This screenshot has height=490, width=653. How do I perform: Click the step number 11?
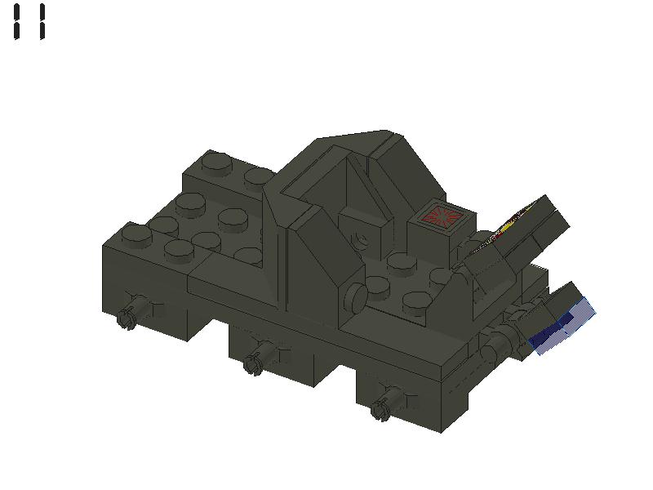coord(29,21)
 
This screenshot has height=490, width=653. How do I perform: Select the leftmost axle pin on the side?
coord(127,317)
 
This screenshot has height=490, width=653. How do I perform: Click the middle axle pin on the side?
coord(254,363)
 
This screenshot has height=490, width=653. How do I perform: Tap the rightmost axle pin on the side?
coord(380,409)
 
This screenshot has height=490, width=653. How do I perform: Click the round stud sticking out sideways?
coord(353,298)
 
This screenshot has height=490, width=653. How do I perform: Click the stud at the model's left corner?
coord(136,236)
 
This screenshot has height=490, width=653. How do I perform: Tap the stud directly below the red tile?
coord(402,263)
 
